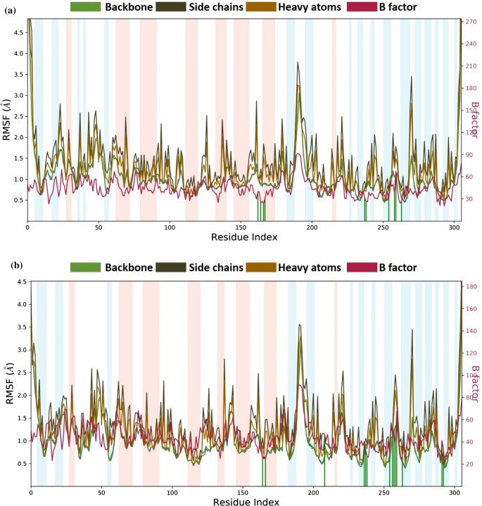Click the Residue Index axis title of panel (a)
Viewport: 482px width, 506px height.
[x=243, y=238]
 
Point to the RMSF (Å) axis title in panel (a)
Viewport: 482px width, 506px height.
[x=6, y=119]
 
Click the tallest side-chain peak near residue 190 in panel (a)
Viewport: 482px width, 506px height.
[x=298, y=63]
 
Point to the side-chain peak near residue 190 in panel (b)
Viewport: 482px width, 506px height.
[x=300, y=325]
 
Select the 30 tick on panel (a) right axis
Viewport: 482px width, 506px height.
[x=469, y=199]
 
